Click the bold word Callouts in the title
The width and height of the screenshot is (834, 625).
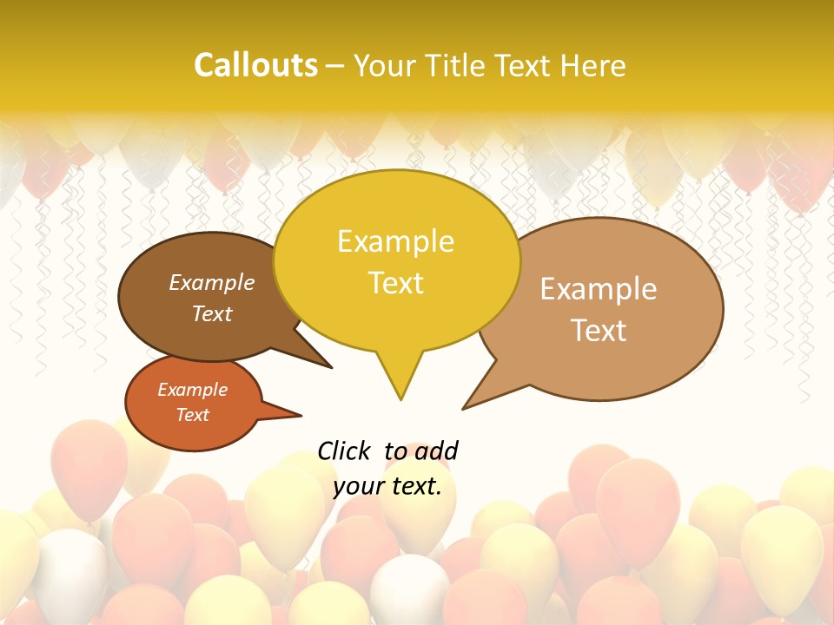tap(255, 65)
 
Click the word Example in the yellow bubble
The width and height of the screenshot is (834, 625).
tap(395, 241)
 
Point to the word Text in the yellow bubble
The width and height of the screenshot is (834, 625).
tap(395, 283)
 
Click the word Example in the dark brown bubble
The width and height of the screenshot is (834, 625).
tap(212, 283)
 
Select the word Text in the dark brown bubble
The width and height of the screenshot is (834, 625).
tap(212, 313)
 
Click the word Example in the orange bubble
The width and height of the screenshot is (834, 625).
tap(192, 390)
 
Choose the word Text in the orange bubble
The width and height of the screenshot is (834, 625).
tap(192, 415)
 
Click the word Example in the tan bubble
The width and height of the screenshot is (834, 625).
tap(599, 289)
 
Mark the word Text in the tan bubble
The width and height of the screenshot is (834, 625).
tap(599, 331)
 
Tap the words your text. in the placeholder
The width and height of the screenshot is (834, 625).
tap(387, 486)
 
